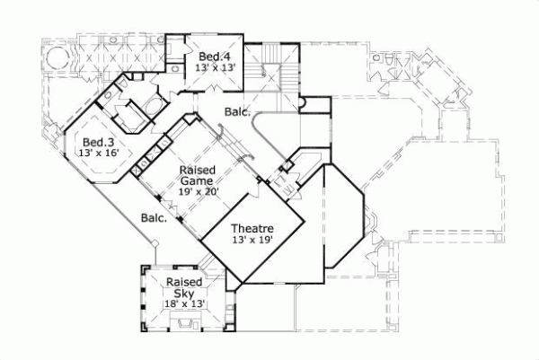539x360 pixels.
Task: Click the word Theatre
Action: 252,229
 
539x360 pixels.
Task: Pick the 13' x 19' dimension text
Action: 252,240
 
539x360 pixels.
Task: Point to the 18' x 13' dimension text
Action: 185,304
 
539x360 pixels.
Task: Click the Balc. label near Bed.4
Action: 237,113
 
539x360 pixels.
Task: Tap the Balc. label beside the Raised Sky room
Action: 152,218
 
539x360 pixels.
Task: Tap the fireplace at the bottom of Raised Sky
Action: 185,327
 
